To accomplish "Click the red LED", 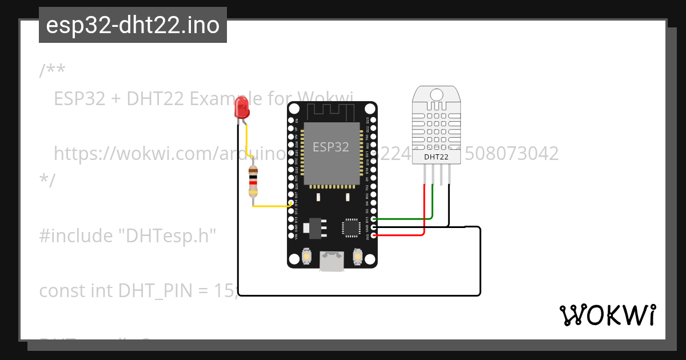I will tap(242, 107).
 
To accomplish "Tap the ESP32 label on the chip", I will tap(330, 147).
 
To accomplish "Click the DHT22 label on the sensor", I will tap(436, 156).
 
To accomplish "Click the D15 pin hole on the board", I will tap(373, 219).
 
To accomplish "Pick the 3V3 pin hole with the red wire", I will tap(373, 235).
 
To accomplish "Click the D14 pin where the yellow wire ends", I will tap(291, 203).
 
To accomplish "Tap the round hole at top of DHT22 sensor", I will tap(437, 94).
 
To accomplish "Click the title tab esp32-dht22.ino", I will tap(133, 25).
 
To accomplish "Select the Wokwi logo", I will tap(607, 315).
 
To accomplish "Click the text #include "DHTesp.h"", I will tap(127, 235).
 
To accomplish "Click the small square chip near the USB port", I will tap(350, 227).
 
